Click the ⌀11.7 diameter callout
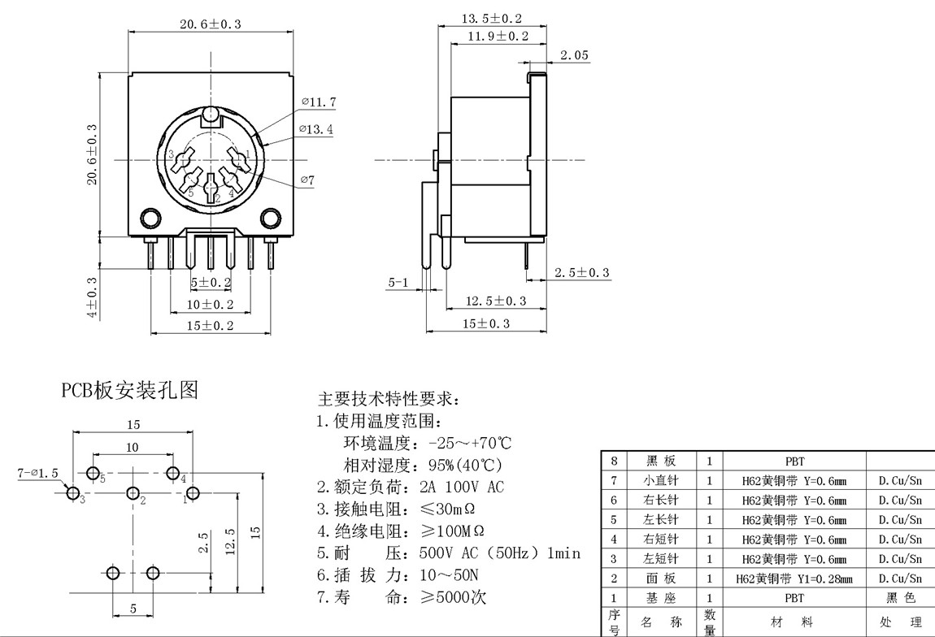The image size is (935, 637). (319, 102)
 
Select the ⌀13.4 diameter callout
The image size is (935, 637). (316, 129)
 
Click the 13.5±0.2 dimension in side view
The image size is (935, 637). (492, 19)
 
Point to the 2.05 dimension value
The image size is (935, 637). (574, 55)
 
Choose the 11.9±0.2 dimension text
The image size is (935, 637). (498, 37)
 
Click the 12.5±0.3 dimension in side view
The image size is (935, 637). (495, 301)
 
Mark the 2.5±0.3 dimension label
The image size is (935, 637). (581, 273)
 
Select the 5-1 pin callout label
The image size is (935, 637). (398, 283)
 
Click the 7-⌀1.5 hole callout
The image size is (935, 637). (38, 472)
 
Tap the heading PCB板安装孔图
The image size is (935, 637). (130, 391)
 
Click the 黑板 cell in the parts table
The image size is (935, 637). (659, 461)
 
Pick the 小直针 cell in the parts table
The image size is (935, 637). (659, 480)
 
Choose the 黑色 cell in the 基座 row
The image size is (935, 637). (900, 598)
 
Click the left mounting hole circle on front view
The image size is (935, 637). (150, 218)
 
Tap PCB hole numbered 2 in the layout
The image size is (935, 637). (133, 493)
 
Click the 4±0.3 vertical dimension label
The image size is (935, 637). (92, 297)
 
